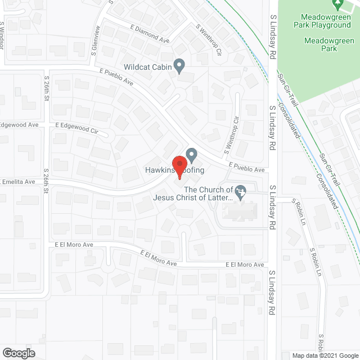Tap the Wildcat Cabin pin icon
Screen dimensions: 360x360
[x=179, y=66]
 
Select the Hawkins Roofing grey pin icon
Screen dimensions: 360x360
[x=192, y=154]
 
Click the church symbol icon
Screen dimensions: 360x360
[x=241, y=193]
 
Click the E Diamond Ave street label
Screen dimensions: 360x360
[x=150, y=34]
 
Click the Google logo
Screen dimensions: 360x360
[x=18, y=353]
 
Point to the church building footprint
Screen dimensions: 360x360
[x=240, y=211]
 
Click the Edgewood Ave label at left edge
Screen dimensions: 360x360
[x=19, y=124]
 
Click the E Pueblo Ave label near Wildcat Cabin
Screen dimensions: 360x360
[x=116, y=78]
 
